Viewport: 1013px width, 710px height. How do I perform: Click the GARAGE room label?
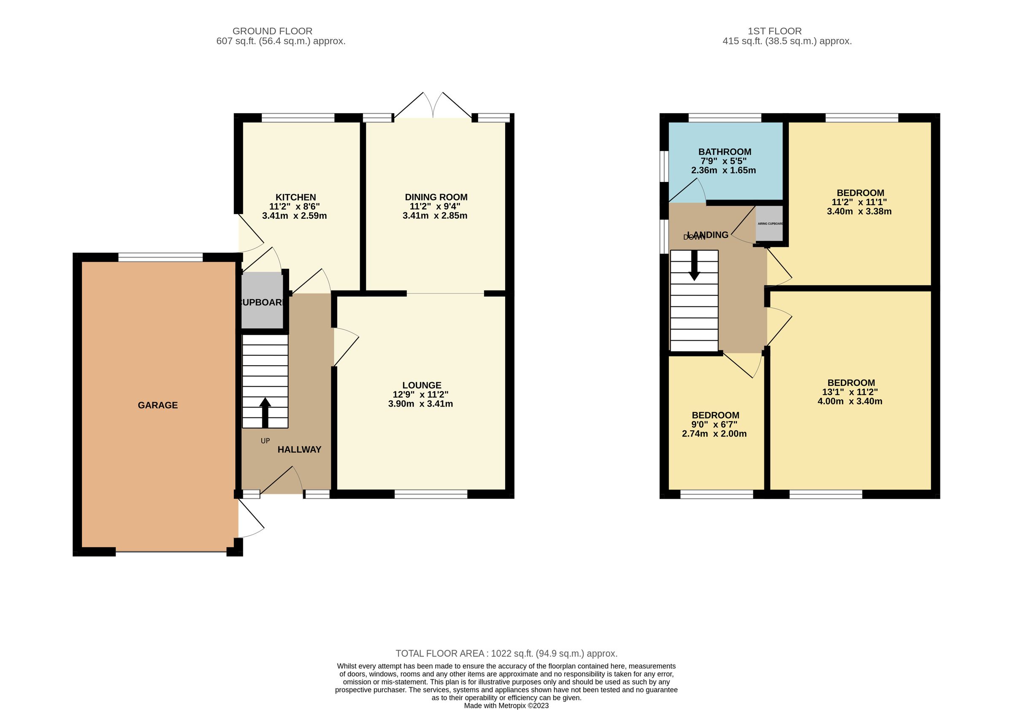pos(157,405)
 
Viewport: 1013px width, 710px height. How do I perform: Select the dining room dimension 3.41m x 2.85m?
pos(435,216)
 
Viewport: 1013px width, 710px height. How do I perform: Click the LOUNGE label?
pos(421,385)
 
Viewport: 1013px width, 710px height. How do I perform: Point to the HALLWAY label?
pos(299,450)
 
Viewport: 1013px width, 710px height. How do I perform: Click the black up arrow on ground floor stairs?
pos(265,412)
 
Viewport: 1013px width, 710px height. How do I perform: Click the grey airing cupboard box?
pos(769,223)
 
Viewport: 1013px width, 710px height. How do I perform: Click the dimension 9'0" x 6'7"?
pos(714,425)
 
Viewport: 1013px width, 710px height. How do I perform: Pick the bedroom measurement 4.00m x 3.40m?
pos(850,401)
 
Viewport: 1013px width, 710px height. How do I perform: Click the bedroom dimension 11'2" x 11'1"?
pos(859,202)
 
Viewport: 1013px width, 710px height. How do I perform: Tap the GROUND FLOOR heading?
pos(272,31)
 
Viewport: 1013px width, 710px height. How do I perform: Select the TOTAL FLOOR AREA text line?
pos(506,653)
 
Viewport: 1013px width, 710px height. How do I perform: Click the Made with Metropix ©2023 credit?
pos(506,706)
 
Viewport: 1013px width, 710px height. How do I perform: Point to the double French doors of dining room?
pos(433,106)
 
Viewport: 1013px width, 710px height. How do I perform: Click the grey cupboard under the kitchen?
pos(262,301)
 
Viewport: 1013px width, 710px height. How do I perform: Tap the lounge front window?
pos(431,494)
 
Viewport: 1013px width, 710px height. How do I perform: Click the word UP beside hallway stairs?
pos(265,441)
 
